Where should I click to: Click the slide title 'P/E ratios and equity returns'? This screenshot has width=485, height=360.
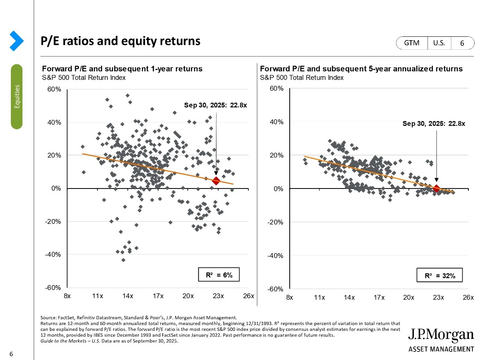[x=120, y=41]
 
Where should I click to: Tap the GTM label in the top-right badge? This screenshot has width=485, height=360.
[x=411, y=43]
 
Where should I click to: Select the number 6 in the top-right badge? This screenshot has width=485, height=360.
[x=462, y=43]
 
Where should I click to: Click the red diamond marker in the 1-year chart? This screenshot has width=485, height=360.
[x=216, y=180]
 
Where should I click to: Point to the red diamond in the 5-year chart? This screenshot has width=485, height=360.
[x=436, y=189]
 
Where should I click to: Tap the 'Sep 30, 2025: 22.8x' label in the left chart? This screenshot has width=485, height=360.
[x=216, y=105]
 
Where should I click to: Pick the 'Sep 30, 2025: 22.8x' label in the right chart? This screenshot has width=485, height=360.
[x=434, y=123]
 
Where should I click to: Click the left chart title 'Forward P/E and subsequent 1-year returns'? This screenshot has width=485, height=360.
[x=122, y=69]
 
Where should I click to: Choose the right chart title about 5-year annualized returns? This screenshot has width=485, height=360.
[x=361, y=69]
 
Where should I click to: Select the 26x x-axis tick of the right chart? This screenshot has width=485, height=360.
[x=468, y=298]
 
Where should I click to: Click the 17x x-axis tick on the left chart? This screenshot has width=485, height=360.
[x=158, y=296]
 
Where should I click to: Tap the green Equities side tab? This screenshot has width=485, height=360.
[x=17, y=97]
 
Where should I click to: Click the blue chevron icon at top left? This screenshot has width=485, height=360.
[x=17, y=40]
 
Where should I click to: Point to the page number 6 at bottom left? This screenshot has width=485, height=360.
[x=11, y=355]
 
